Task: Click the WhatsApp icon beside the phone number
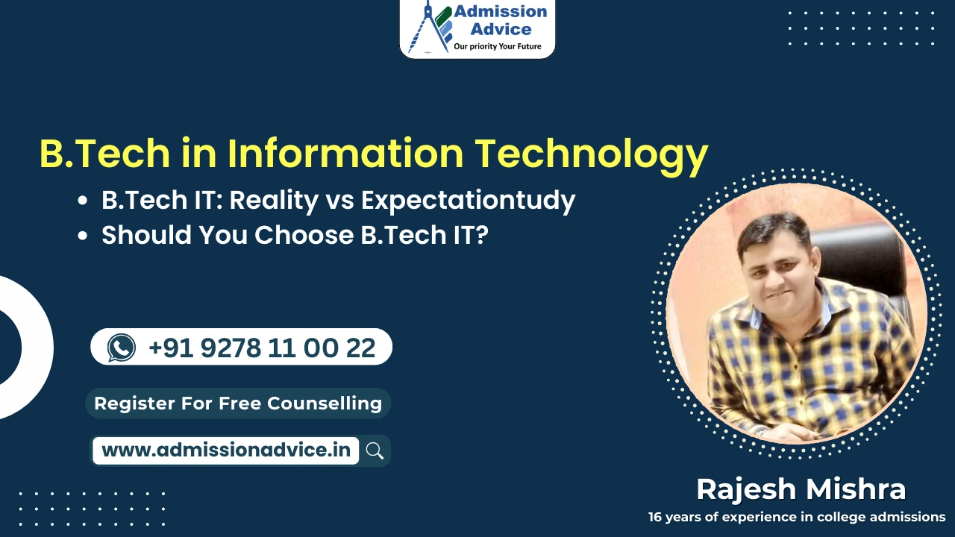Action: (x=122, y=348)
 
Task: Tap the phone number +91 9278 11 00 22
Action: (x=262, y=348)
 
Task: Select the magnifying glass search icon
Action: (x=375, y=450)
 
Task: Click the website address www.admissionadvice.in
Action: (x=225, y=450)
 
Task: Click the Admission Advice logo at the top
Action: (x=477, y=28)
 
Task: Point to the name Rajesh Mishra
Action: (x=801, y=489)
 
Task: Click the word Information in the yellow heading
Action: (x=345, y=154)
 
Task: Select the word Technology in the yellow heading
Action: (x=592, y=154)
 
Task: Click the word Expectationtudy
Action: (x=468, y=200)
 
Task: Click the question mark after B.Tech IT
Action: (x=481, y=235)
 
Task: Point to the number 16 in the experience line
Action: (x=656, y=516)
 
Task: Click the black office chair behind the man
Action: (x=865, y=261)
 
